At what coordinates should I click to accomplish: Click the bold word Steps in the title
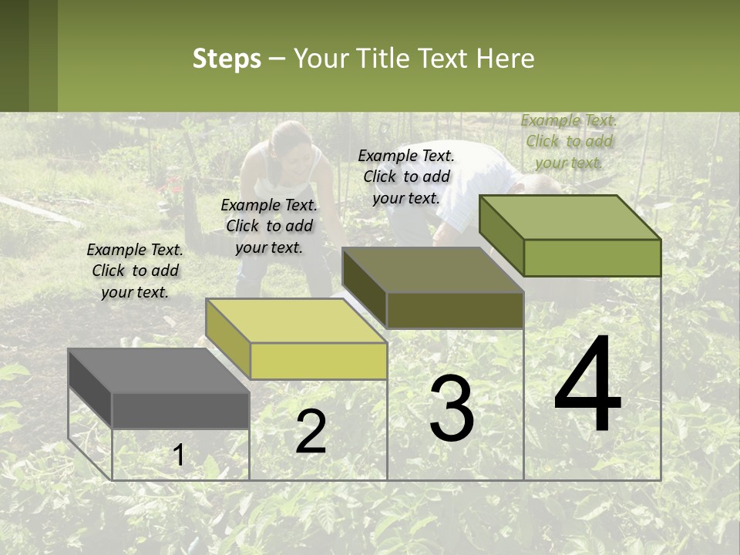[227, 59]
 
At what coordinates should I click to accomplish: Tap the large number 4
[587, 385]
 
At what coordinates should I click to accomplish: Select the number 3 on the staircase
[452, 409]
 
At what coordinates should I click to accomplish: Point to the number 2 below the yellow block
[311, 432]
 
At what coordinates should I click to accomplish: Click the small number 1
[178, 456]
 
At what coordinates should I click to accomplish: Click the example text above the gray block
[135, 271]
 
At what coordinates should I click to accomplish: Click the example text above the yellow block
[269, 226]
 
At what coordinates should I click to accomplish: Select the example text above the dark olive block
[406, 177]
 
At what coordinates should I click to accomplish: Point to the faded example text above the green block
[569, 141]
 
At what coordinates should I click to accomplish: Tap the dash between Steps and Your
[277, 59]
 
